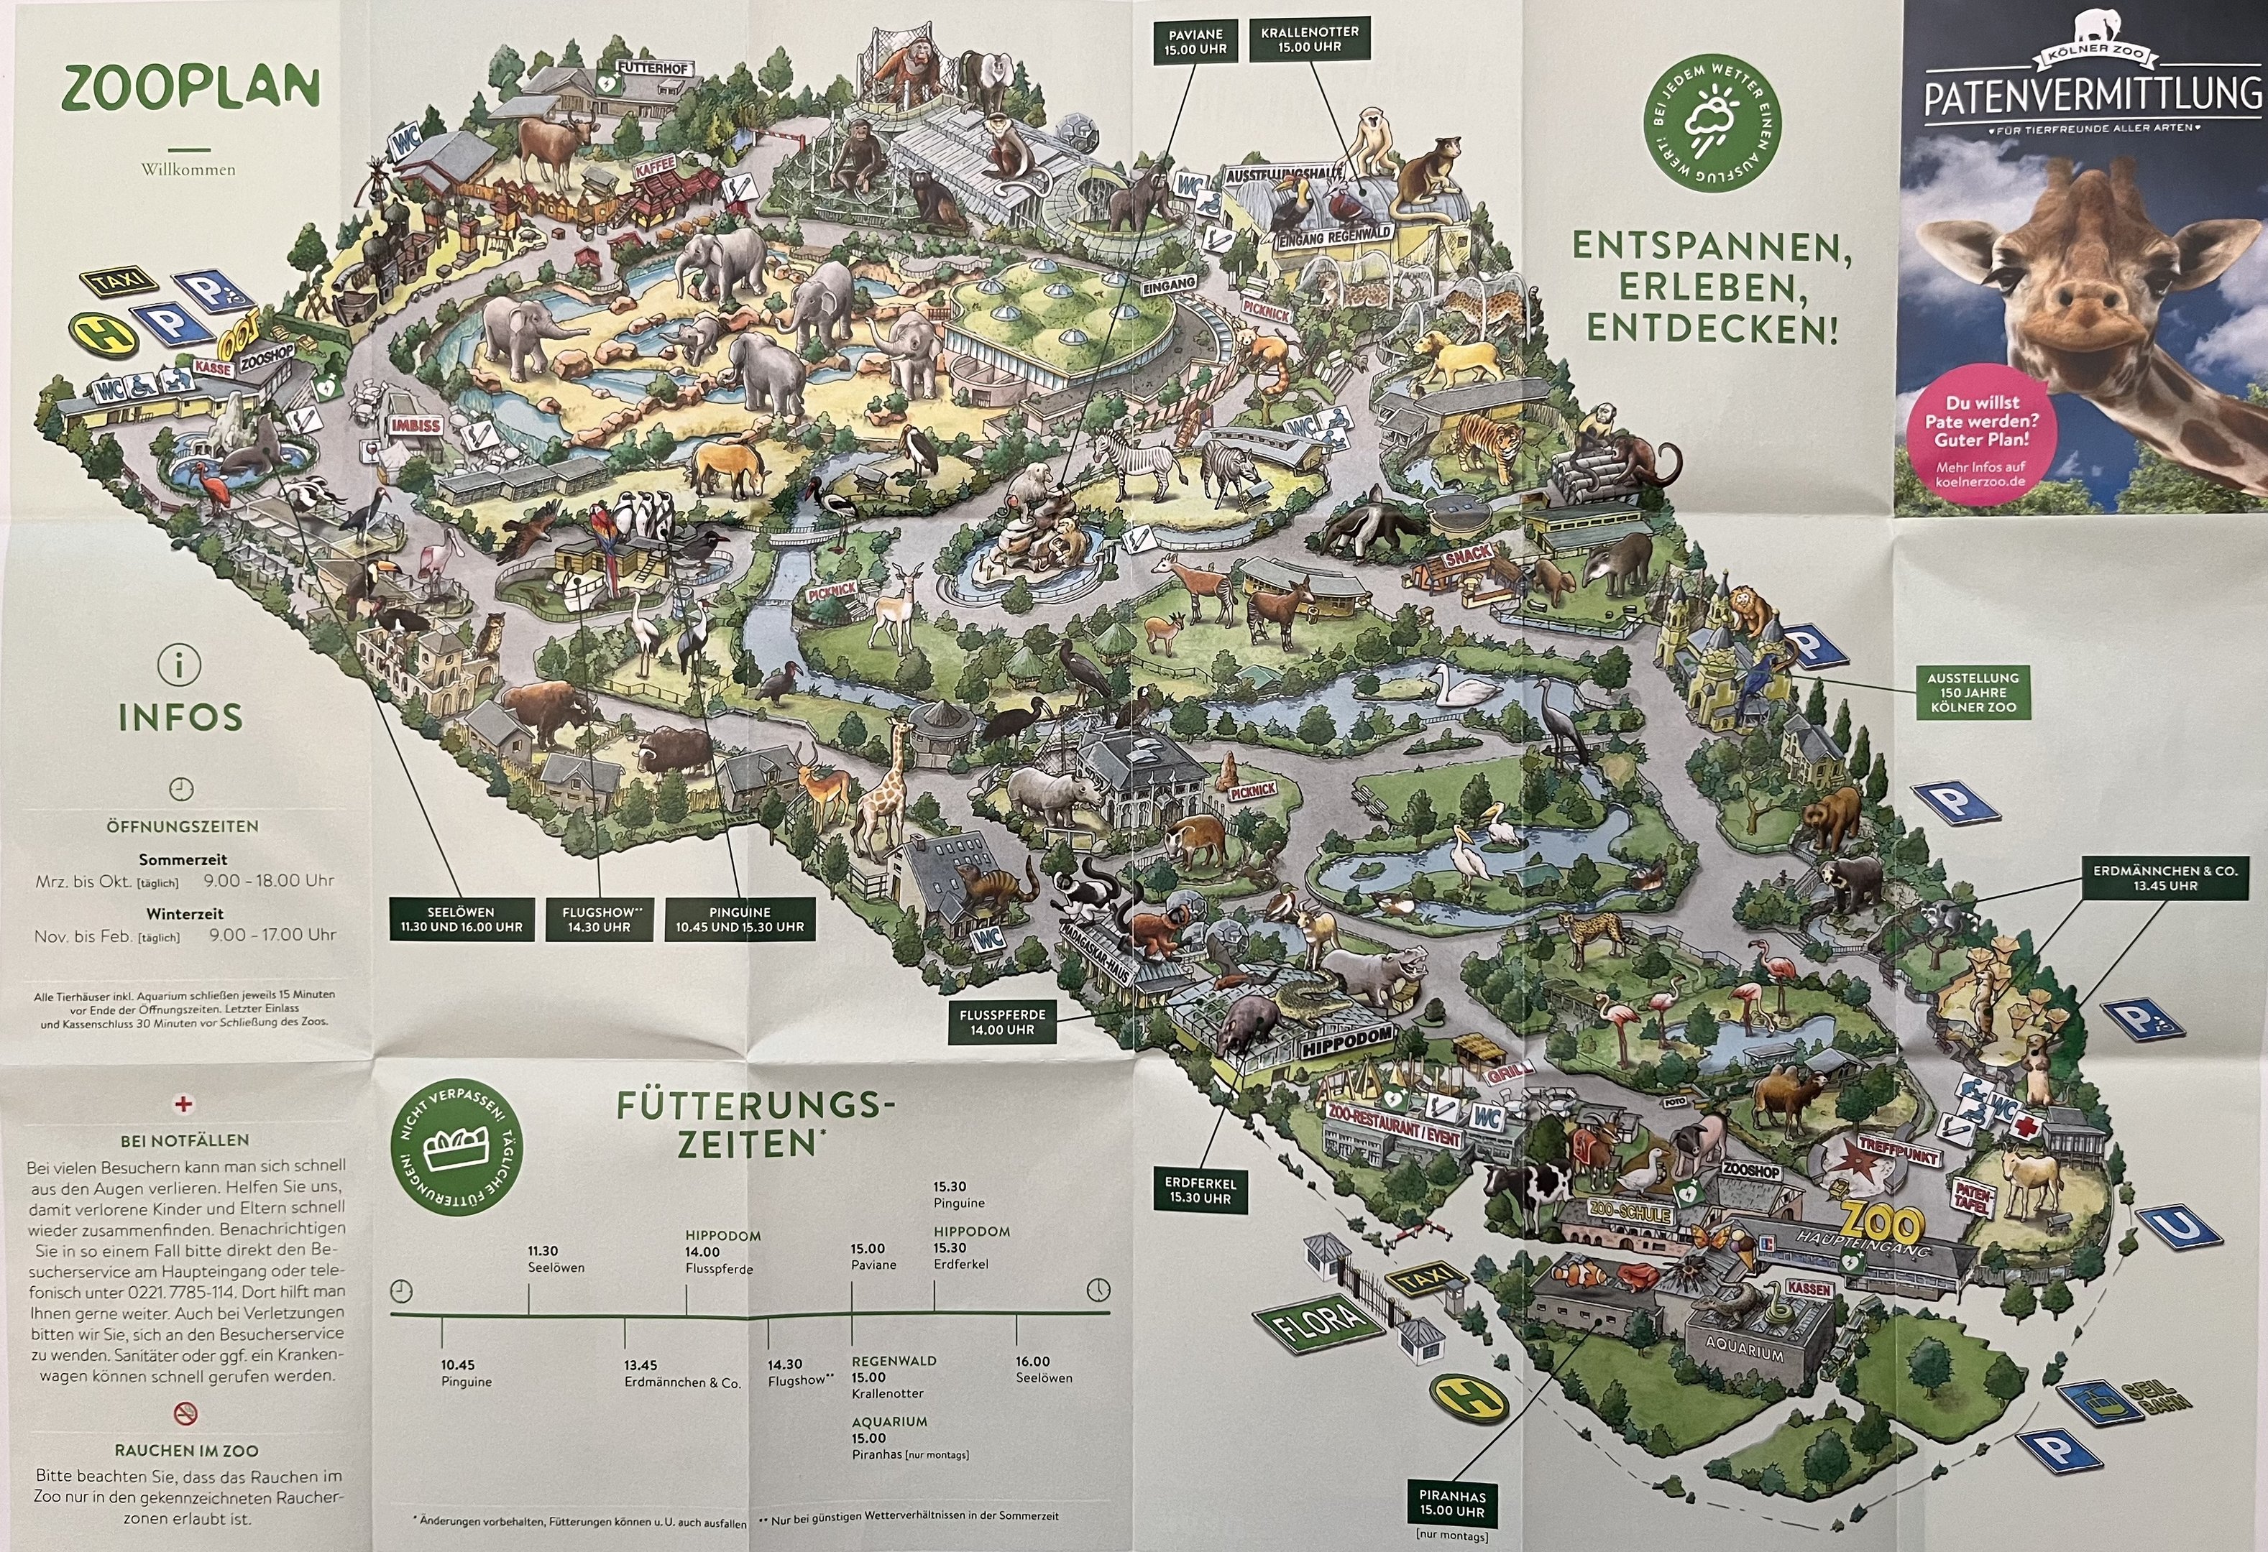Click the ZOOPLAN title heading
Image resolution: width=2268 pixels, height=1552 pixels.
[190, 91]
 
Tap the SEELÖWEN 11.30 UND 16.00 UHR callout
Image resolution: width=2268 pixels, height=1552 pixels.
[461, 919]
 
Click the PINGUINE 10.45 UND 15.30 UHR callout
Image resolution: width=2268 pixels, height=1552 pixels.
[740, 919]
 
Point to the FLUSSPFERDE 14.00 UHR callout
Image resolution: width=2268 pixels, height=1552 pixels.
[1002, 1021]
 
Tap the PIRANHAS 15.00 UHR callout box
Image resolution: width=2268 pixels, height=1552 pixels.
[1451, 1503]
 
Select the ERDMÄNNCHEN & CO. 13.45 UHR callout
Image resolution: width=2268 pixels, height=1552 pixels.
[2164, 878]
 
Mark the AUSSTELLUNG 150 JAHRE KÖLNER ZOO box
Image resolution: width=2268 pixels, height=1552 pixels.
[1973, 692]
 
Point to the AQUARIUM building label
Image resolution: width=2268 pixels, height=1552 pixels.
[1744, 1353]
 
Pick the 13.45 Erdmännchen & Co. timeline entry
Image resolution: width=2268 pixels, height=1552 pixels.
[682, 1374]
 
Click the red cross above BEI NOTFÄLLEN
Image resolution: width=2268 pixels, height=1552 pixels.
[183, 1104]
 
